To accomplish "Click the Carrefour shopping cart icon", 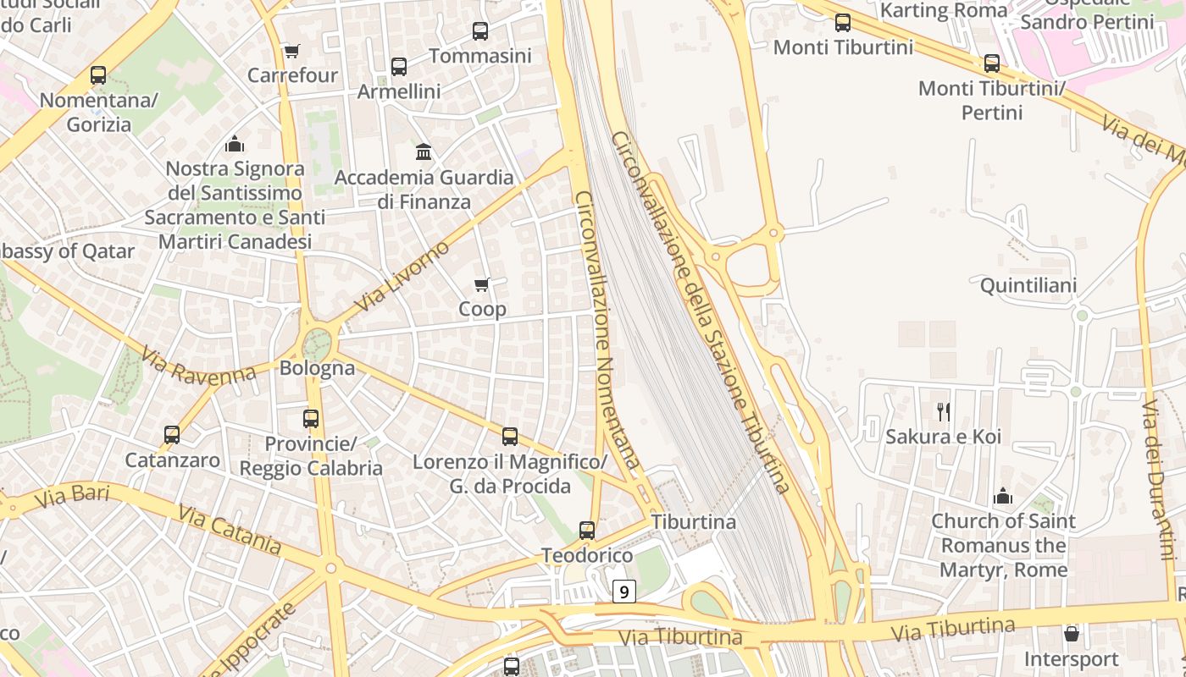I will coord(291,51).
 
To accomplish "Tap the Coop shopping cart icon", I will coord(481,285).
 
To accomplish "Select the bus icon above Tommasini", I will coord(480,31).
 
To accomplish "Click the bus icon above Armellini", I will coord(399,66).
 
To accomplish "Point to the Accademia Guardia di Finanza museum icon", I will coord(424,152).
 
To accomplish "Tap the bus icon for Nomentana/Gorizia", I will coord(98,75).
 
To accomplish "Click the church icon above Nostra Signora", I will coord(235,144).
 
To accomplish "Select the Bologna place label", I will coord(317,368).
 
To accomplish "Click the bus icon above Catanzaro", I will coord(172,435).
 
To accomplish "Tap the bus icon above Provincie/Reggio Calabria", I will coord(311,418).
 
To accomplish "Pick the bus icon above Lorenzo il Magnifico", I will coord(510,437).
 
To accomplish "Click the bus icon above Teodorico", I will coord(587,531).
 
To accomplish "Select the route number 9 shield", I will coord(624,591).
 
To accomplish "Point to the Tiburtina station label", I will coord(693,521).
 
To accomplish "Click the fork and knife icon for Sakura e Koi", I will coord(944,412).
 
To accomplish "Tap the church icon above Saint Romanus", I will coord(1003,496).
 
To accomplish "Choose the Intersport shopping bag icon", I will coord(1072,634).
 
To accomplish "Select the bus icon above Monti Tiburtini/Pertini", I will coord(992,63).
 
